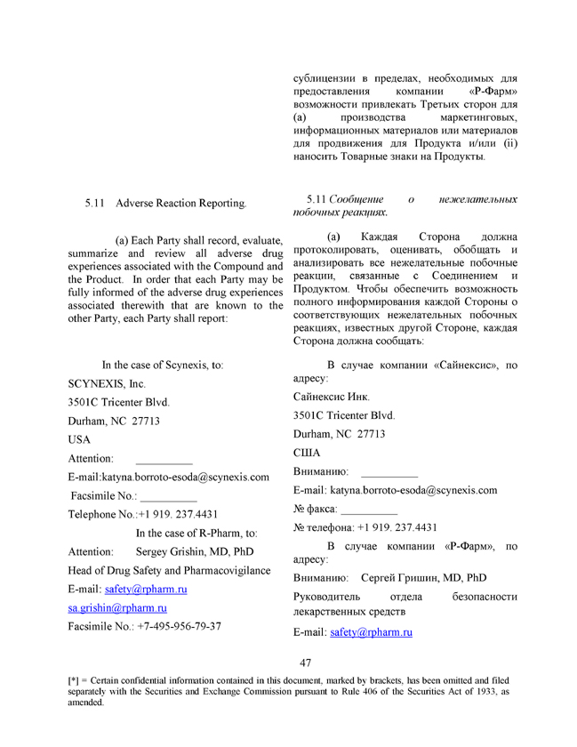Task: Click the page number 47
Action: (305, 663)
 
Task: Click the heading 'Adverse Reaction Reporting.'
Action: (181, 204)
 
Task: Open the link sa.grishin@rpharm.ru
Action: (117, 607)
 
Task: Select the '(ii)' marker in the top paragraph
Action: (509, 143)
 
